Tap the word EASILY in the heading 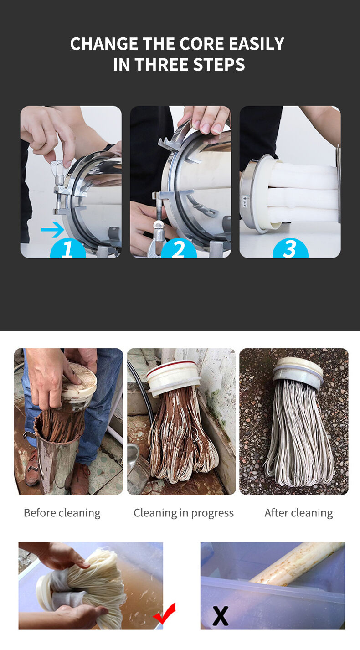click(257, 44)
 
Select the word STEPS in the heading click(219, 64)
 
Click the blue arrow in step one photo click(53, 230)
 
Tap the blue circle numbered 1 click(68, 249)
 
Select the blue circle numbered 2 click(179, 249)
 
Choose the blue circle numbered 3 click(290, 249)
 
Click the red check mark click(165, 613)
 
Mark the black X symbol click(221, 616)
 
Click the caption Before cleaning click(62, 513)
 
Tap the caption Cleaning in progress click(184, 514)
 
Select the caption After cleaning click(298, 513)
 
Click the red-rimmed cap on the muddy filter click(174, 377)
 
